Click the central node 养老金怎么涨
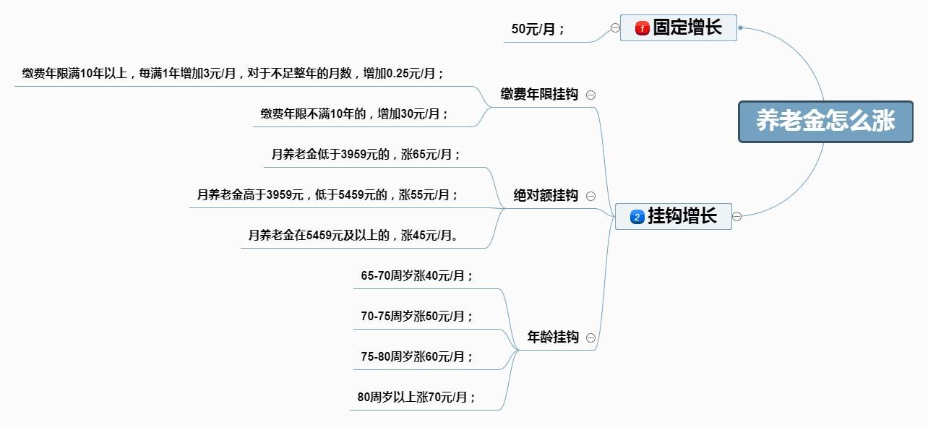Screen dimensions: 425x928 tap(825, 121)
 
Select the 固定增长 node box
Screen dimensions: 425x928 tap(679, 28)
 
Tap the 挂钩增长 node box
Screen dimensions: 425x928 tap(674, 216)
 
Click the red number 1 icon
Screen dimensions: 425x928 tap(642, 29)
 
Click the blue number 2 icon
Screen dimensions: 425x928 tap(637, 217)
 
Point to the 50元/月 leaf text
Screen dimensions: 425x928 tap(538, 30)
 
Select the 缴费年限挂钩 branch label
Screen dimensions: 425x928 tap(539, 95)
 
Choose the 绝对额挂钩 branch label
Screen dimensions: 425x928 tap(546, 196)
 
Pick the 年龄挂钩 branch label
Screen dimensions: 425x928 tap(553, 338)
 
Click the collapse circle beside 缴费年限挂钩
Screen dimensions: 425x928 tap(591, 95)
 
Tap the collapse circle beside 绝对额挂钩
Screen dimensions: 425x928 tap(591, 196)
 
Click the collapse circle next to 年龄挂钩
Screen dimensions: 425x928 tap(591, 338)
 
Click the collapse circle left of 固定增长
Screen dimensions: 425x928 tap(615, 28)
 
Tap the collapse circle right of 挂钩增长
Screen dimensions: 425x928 tap(737, 216)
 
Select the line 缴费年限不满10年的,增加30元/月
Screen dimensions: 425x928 tap(354, 114)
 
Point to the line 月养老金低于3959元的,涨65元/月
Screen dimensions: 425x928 tap(366, 155)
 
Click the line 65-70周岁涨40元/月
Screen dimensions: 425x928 tap(417, 276)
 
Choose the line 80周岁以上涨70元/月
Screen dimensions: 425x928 tap(416, 398)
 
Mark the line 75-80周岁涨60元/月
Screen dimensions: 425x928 tap(417, 357)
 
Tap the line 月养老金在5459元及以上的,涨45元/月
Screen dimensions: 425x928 tap(354, 236)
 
